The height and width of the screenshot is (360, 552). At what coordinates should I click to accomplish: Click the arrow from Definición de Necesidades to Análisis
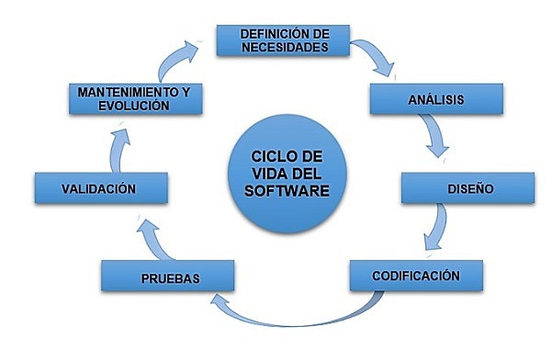pos(376,58)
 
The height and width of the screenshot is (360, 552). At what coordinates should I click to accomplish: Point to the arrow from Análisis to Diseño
pos(440,138)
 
